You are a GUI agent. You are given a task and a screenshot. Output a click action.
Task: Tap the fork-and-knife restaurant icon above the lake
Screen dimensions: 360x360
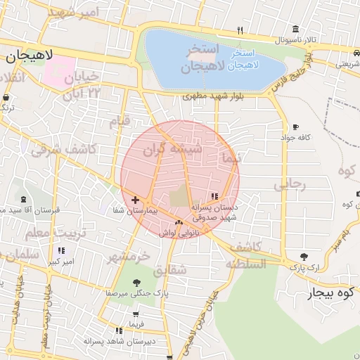click(x=240, y=30)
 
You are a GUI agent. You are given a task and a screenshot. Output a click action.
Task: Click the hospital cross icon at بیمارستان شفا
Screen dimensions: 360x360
click(x=135, y=200)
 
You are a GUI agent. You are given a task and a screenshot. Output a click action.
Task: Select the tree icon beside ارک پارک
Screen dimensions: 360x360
click(x=304, y=257)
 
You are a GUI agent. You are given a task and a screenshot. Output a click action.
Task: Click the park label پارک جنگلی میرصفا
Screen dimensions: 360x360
click(x=136, y=292)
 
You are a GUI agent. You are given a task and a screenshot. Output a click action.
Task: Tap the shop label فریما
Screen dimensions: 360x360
click(x=135, y=323)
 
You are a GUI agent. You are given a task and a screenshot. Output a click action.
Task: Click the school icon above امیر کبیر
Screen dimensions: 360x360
click(x=61, y=250)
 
